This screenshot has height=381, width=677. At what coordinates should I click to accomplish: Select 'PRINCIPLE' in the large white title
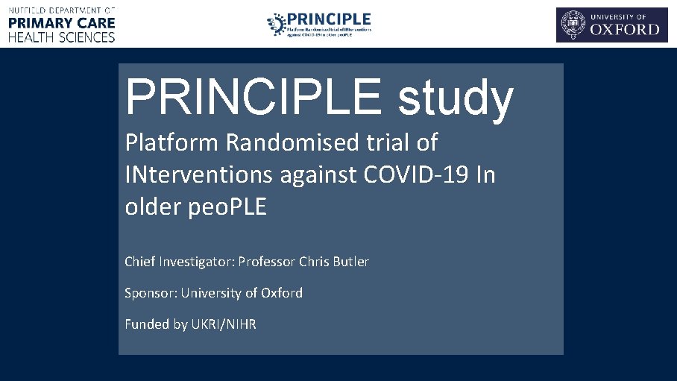[257, 96]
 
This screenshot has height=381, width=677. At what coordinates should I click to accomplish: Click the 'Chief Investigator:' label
[179, 262]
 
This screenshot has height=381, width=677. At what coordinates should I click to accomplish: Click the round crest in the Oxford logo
[573, 25]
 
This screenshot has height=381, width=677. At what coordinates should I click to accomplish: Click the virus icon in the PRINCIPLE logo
[276, 24]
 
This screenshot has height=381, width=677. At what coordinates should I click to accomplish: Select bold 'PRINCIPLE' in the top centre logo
[329, 18]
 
